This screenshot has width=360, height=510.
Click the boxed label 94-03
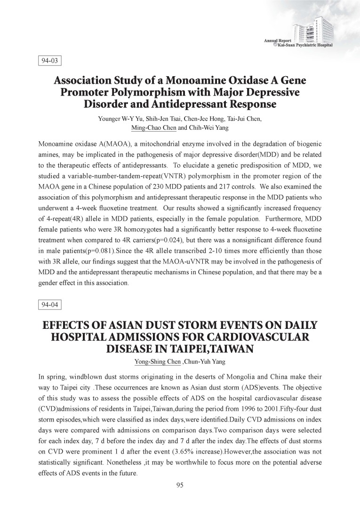tap(50, 61)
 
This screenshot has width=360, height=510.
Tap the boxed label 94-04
tap(50, 304)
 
